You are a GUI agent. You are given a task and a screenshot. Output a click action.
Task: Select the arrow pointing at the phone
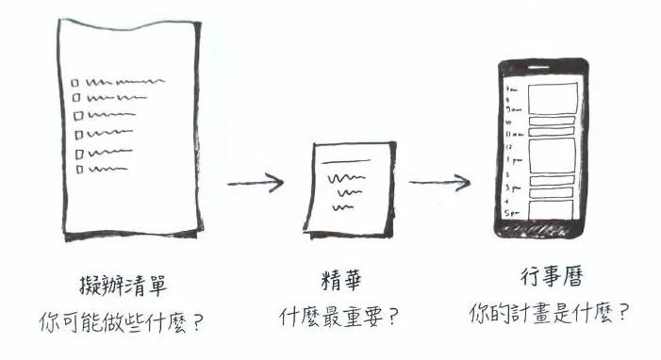tap(439, 182)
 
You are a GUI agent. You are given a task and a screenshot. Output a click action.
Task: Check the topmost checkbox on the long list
tap(76, 82)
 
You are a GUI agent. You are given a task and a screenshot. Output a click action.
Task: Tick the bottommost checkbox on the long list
tap(80, 170)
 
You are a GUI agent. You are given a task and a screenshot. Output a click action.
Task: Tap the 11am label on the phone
tap(513, 136)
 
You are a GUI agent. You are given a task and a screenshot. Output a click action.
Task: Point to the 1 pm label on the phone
tap(511, 160)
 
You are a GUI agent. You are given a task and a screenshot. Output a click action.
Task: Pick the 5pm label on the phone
tap(513, 213)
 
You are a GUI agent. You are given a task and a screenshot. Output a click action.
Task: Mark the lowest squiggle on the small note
tap(351, 206)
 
